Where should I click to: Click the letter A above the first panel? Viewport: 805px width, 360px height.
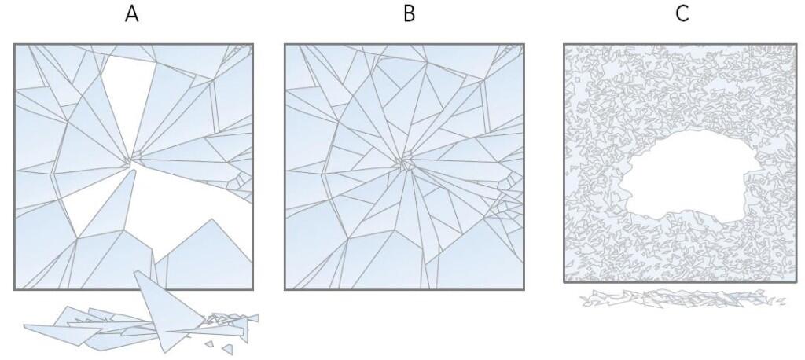[x=132, y=14]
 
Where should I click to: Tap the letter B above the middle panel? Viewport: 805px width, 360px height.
[x=409, y=14]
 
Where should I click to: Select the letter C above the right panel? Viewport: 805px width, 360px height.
[x=682, y=14]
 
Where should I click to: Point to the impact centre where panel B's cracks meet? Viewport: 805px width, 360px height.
[x=406, y=164]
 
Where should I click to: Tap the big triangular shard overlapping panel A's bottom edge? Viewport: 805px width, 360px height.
[x=167, y=308]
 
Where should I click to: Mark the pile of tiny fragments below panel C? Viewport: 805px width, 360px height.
[x=683, y=299]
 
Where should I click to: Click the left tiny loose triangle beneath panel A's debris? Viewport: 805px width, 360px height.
[x=209, y=343]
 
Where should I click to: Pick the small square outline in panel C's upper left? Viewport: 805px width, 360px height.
[x=578, y=79]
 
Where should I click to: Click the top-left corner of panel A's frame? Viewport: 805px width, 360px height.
[x=14, y=45]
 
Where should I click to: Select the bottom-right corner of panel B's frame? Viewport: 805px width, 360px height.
[x=523, y=289]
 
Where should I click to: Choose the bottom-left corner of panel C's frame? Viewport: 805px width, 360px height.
[x=564, y=281]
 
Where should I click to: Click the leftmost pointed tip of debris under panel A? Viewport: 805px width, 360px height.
[x=24, y=325]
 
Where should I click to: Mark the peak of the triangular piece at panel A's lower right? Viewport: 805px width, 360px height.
[x=212, y=219]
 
